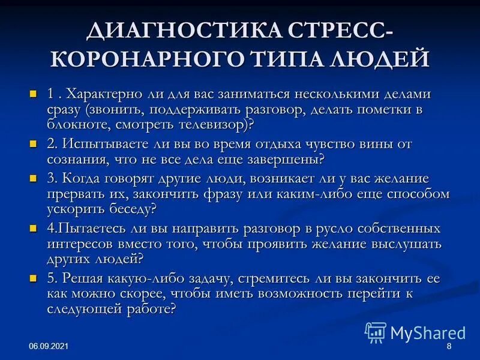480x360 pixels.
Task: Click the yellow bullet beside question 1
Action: (33, 94)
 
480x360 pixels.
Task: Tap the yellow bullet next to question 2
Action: (33, 144)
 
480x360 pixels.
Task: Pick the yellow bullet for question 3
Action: (33, 179)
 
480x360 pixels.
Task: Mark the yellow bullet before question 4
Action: (33, 229)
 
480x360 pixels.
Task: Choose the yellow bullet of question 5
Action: (33, 279)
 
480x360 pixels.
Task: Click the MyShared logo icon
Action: (376, 332)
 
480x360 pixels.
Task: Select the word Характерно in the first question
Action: (100, 94)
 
